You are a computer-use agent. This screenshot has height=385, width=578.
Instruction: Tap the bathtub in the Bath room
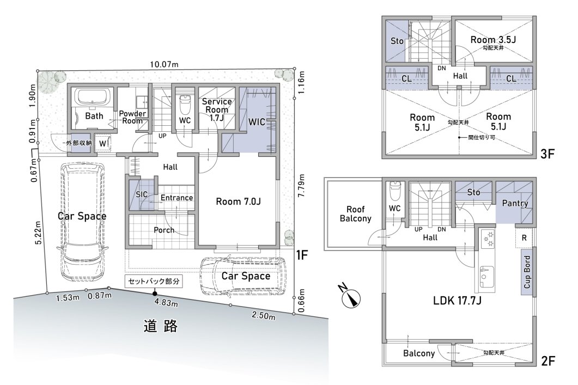(94, 97)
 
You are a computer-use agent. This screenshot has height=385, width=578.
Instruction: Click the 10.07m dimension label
(164, 64)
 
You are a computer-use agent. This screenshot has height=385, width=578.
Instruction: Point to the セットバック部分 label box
(154, 281)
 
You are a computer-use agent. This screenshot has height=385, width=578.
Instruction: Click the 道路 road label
(161, 326)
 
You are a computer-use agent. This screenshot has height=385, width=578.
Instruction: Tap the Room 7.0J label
(238, 201)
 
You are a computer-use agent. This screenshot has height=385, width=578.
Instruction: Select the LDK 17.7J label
(457, 301)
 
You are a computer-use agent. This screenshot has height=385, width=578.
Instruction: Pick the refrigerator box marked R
(524, 238)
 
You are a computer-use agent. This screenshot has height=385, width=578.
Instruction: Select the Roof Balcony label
(355, 213)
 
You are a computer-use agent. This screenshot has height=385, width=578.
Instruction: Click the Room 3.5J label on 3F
(493, 39)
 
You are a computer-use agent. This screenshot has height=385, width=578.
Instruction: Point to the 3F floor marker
(547, 153)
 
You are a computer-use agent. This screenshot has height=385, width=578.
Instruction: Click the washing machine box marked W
(102, 143)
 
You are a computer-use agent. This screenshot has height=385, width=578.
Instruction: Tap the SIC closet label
(142, 194)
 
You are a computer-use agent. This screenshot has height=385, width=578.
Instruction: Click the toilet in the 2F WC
(394, 190)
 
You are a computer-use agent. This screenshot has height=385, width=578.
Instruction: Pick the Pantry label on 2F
(515, 203)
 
